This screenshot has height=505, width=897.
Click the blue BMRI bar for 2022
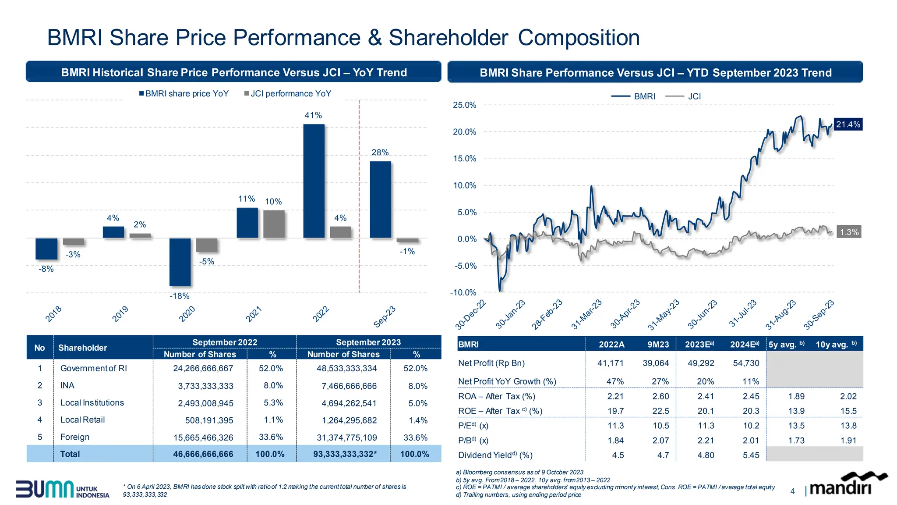314,181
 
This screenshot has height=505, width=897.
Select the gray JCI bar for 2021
274,224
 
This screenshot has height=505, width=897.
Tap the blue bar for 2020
180,262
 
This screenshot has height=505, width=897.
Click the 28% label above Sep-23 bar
380,153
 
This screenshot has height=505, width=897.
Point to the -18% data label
180,296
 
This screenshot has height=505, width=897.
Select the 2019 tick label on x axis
120,314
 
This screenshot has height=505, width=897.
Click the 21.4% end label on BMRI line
848,124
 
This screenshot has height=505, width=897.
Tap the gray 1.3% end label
849,232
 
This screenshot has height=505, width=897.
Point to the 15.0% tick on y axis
464,159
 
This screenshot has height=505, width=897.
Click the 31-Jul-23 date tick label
743,313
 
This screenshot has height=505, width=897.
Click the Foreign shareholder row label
75,437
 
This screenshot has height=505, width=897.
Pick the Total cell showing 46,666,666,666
203,454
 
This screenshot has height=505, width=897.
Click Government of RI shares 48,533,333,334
346,369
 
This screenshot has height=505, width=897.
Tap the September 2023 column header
368,342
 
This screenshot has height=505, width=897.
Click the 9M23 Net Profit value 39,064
656,363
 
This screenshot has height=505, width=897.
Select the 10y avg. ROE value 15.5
848,411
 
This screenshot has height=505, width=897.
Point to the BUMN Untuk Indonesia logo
63,489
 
